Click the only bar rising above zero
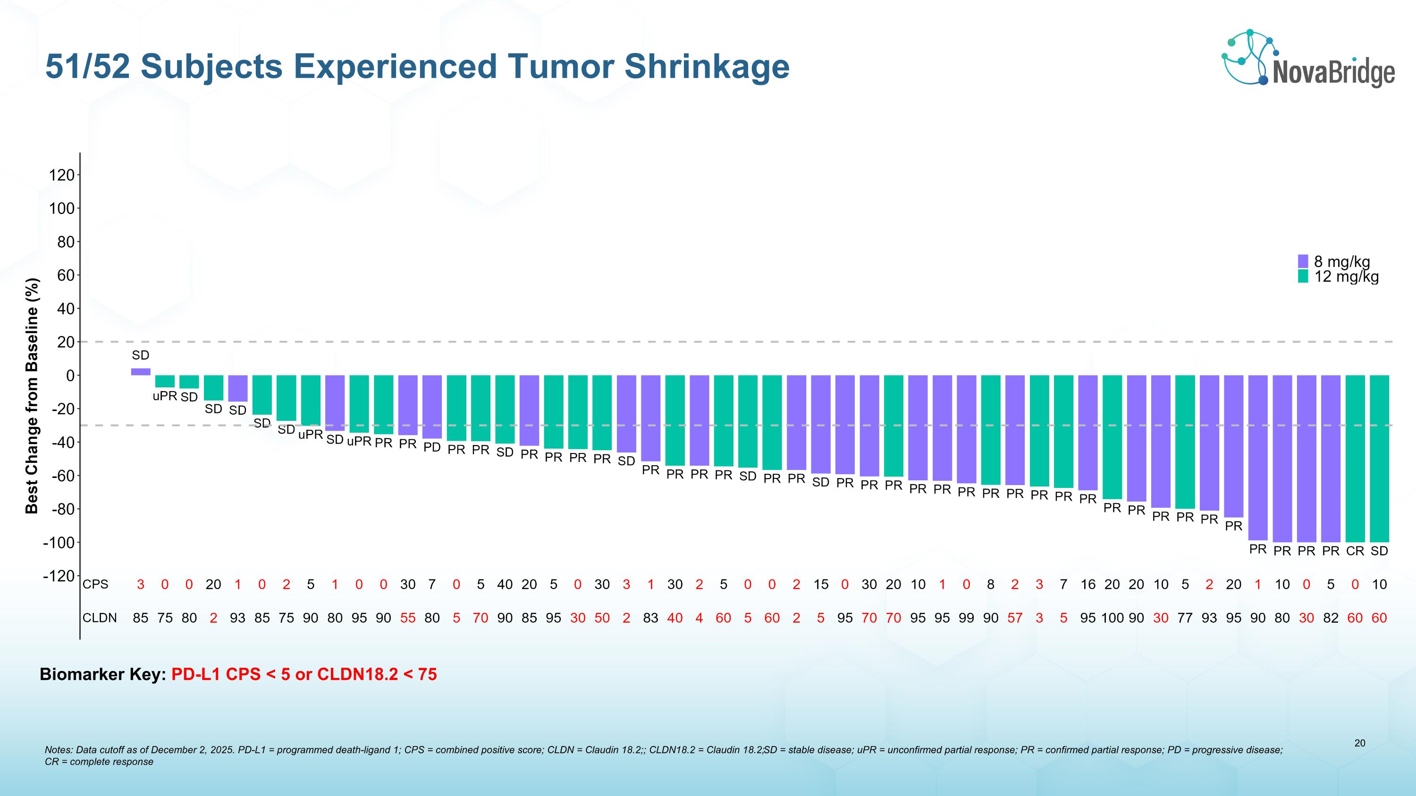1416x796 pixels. point(141,372)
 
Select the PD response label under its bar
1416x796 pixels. point(432,447)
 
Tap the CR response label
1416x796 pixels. point(1355,551)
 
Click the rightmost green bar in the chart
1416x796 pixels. point(1379,459)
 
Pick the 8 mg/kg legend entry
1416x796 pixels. point(1336,261)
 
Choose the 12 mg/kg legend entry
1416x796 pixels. point(1339,277)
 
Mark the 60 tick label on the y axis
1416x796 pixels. point(66,275)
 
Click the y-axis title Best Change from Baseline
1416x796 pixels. point(33,395)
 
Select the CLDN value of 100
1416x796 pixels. point(1112,618)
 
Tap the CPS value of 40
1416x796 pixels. point(505,585)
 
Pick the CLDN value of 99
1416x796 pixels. point(966,618)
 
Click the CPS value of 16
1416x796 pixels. point(1088,585)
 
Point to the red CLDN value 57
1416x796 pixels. point(1015,618)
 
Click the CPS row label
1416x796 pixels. point(96,585)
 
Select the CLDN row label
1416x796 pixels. point(100,618)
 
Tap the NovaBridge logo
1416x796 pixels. point(1308,59)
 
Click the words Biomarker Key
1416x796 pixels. point(102,674)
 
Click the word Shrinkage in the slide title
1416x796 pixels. point(707,67)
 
